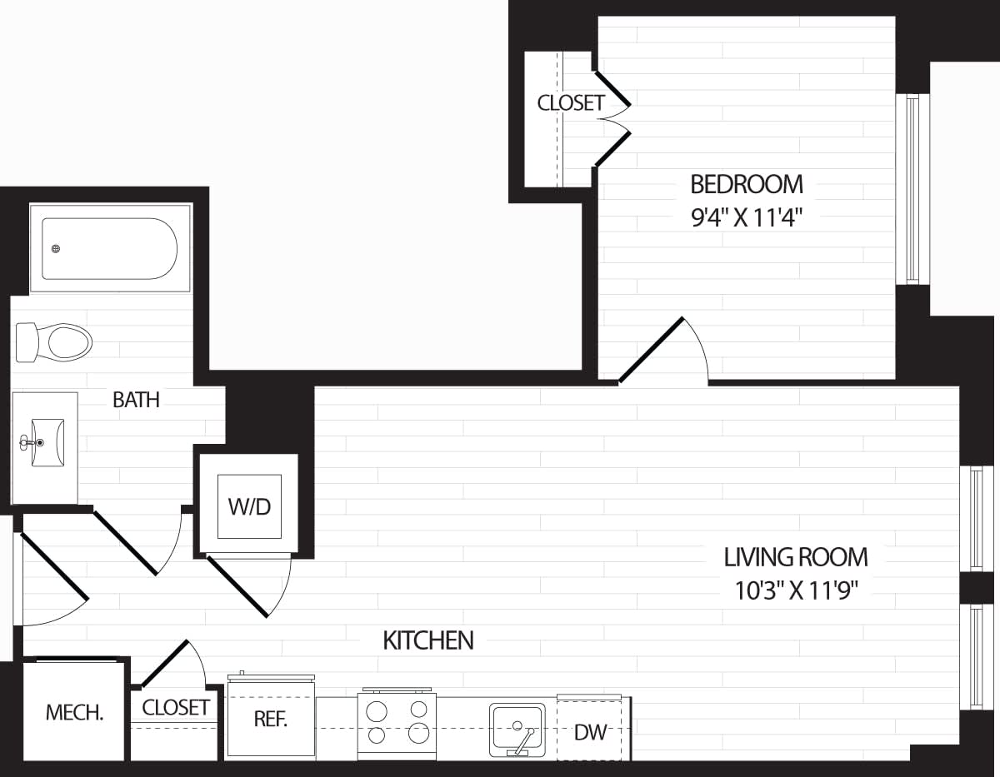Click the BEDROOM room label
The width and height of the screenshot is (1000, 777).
747,183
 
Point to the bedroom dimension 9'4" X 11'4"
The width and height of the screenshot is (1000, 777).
747,217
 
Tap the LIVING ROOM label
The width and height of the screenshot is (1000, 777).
795,556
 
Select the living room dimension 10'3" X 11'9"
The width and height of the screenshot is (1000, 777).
795,590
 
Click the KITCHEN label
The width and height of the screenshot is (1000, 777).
427,640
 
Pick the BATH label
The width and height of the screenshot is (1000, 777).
136,400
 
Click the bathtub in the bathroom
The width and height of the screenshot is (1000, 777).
110,248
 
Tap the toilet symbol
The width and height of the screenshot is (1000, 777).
55,342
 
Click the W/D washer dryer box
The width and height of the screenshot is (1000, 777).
249,506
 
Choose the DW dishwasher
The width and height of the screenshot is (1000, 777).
590,733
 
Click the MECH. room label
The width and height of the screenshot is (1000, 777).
74,713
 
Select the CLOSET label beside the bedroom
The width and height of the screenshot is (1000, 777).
570,103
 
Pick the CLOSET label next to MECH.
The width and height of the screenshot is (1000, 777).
175,708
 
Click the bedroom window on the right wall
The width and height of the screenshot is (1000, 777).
912,189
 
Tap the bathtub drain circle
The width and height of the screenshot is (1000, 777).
56,248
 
